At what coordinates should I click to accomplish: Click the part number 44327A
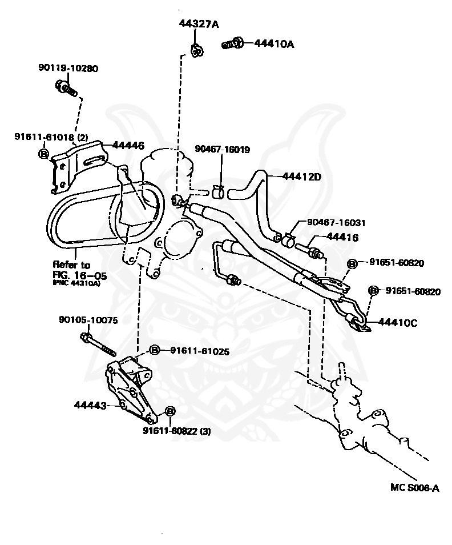(x=199, y=24)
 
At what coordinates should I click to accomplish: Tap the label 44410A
(x=275, y=44)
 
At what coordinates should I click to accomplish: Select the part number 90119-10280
(x=68, y=68)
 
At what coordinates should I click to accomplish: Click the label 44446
(x=128, y=145)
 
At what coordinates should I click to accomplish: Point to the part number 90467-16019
(x=222, y=149)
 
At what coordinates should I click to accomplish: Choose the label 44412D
(x=302, y=177)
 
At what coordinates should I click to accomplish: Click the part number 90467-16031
(x=336, y=222)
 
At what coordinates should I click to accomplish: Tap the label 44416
(x=342, y=238)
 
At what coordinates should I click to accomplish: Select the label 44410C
(x=397, y=323)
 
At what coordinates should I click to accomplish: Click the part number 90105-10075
(x=88, y=320)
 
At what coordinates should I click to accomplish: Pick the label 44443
(x=90, y=405)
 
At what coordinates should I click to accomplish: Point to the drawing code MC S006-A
(x=414, y=488)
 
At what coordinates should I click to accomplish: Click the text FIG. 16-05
(x=79, y=275)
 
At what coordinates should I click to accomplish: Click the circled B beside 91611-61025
(x=154, y=350)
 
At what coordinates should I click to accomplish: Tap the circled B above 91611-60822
(x=169, y=411)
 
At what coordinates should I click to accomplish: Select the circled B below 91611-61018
(x=43, y=153)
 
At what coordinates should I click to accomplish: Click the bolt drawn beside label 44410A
(x=232, y=43)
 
